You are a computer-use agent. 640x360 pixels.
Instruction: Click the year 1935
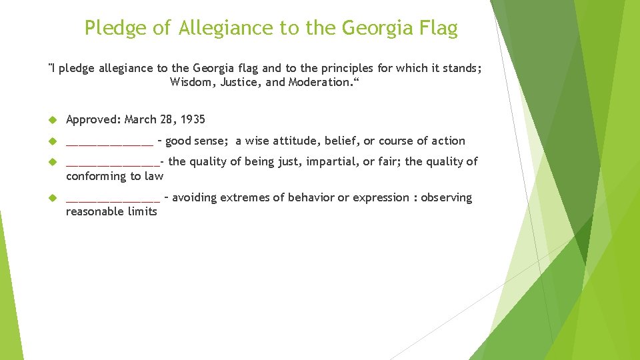(x=192, y=120)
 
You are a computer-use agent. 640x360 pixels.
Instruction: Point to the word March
(x=141, y=120)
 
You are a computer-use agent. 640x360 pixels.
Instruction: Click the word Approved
(x=93, y=120)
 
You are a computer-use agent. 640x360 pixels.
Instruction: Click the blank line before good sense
(x=109, y=142)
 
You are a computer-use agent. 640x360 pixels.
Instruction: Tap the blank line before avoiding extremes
(x=113, y=199)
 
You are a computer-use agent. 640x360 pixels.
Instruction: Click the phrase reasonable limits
(x=111, y=212)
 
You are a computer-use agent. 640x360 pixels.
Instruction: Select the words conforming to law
(x=114, y=177)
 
